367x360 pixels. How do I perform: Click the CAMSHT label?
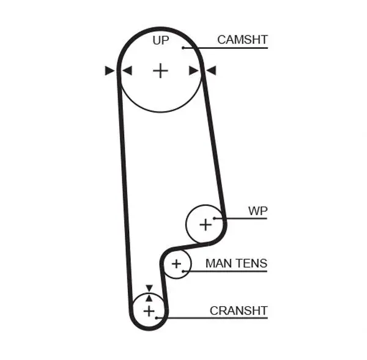point(242,40)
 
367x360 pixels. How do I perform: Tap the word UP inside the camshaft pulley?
point(160,40)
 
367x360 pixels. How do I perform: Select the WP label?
point(258,211)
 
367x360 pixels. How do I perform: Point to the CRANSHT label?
point(239,311)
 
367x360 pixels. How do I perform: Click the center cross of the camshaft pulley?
point(160,70)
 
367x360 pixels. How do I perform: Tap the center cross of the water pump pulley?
point(206,225)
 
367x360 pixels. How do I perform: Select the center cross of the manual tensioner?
point(177,264)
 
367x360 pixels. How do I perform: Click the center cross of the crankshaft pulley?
point(149,311)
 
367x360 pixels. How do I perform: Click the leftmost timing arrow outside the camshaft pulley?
point(109,70)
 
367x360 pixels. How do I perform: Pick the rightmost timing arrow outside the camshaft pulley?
point(211,70)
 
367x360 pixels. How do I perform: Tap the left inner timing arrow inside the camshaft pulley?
point(127,70)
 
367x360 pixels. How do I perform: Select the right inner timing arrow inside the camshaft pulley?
point(194,70)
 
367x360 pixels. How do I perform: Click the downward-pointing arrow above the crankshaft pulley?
point(149,288)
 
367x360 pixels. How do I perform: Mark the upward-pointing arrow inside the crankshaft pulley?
point(149,298)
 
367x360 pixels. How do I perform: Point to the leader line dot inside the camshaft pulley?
point(183,48)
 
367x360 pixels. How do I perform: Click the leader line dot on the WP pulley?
point(214,218)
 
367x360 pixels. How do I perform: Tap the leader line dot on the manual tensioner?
point(183,271)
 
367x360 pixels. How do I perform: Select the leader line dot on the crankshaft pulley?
point(157,318)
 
